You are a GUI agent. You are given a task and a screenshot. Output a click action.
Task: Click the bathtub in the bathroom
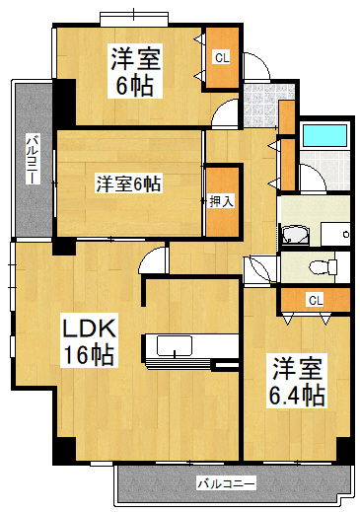point(324,136)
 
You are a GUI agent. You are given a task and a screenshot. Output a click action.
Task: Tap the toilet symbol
point(324,266)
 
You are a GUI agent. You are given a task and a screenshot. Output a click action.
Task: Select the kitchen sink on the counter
point(175,346)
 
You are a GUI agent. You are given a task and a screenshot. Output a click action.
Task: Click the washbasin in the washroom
point(295,235)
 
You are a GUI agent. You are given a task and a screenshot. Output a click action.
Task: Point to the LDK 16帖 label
point(89,342)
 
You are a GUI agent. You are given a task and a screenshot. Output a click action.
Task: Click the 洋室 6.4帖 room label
point(297,381)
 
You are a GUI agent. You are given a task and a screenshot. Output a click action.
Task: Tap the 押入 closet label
point(222,200)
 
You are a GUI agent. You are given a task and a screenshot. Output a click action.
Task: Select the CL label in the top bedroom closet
point(222,58)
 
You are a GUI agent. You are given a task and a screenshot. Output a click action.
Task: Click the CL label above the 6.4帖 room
point(316,300)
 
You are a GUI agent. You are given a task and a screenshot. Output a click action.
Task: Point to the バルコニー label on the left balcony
point(33,159)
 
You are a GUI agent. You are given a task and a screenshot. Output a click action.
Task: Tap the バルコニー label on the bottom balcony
point(226,484)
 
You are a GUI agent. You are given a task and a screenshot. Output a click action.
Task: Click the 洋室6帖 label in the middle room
point(128,184)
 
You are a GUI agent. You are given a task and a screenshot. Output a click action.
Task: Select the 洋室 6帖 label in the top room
point(135,71)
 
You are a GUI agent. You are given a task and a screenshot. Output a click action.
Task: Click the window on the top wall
point(134,19)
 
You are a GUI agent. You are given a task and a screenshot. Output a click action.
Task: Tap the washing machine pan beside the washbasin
point(335,234)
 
